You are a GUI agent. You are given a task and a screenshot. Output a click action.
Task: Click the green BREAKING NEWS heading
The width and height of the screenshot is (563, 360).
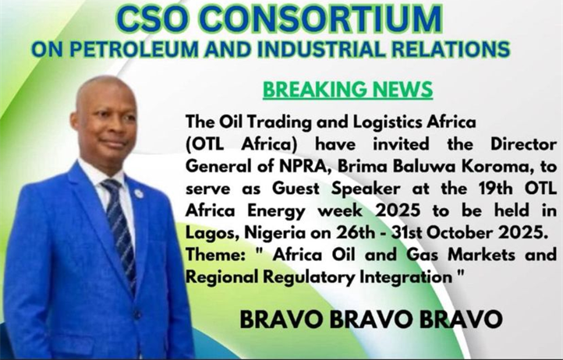348,90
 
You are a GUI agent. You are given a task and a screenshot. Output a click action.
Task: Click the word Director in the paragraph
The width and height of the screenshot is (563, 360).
523,144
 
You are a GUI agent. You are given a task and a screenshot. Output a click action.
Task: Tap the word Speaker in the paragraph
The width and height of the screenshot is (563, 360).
366,189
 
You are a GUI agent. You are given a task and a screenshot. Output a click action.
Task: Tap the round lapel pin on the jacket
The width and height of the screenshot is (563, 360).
139,194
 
